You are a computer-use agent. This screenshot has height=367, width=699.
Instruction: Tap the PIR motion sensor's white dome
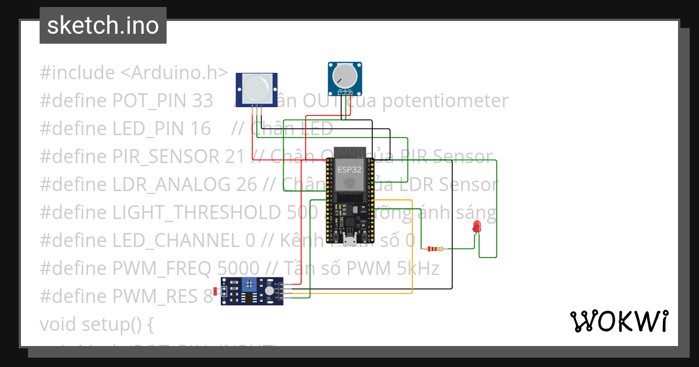point(256,87)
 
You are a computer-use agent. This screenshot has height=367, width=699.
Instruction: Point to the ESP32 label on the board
point(349,170)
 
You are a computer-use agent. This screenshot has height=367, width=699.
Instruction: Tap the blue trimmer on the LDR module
point(250,284)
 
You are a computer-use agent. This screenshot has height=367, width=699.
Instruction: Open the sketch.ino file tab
point(103,26)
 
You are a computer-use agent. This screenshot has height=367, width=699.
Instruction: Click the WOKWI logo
point(619,321)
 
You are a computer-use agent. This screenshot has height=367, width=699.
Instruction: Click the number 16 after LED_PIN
point(200,129)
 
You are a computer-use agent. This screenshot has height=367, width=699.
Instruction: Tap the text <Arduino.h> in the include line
point(174,73)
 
